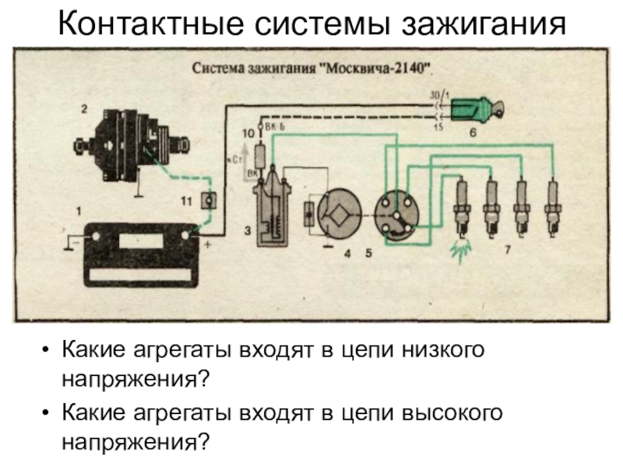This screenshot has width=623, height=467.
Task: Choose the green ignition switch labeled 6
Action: (x=474, y=108)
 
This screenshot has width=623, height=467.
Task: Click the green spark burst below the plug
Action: (x=460, y=248)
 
